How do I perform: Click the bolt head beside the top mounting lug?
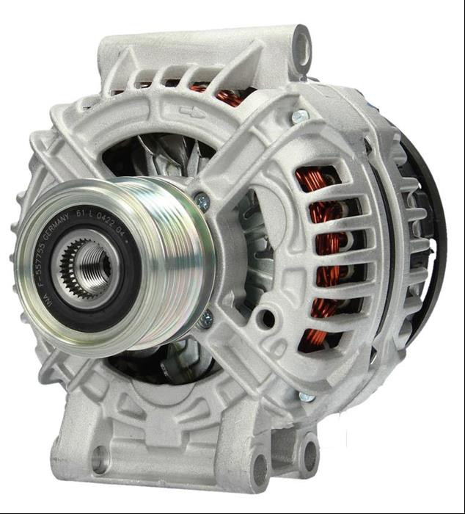(299, 117)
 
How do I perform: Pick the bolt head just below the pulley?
(207, 319)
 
